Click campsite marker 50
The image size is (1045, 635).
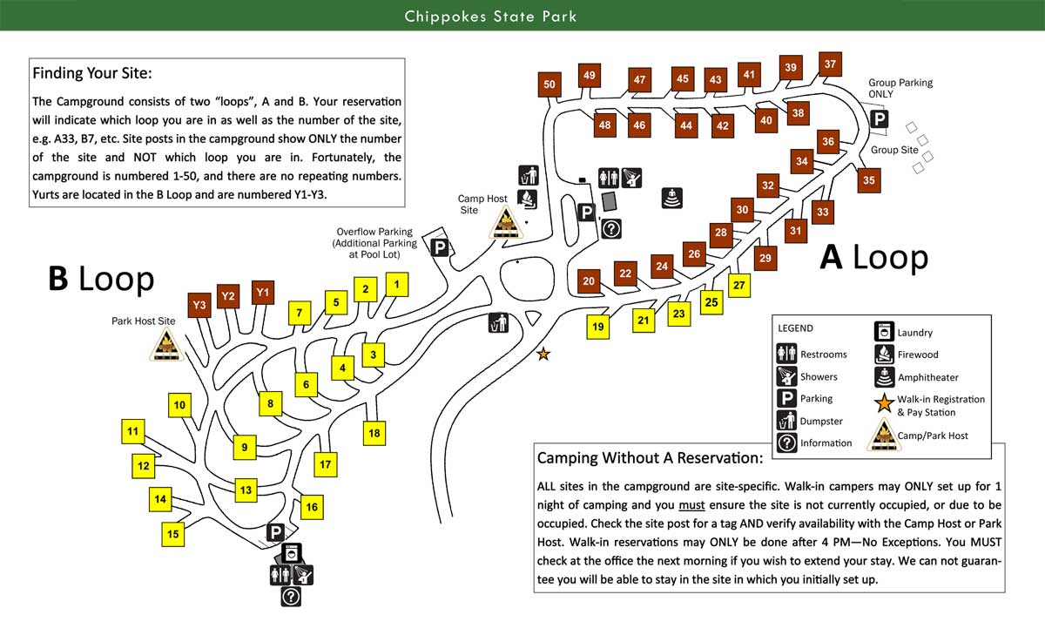tap(549, 84)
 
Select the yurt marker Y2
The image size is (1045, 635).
tap(228, 297)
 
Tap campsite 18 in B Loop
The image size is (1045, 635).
tap(374, 433)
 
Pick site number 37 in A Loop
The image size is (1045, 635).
tap(830, 64)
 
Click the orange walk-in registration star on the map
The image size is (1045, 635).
tap(543, 354)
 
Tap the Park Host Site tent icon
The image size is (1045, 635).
tap(166, 346)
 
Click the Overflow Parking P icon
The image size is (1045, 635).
tap(441, 248)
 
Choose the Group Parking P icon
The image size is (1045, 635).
tap(880, 119)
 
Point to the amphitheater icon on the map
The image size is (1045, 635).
tap(671, 198)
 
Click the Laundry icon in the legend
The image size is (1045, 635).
tap(883, 332)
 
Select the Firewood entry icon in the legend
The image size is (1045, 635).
tap(883, 355)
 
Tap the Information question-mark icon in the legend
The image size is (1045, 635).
tap(786, 442)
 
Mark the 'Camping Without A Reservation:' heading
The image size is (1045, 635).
tap(650, 457)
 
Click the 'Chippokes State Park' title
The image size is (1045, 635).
tap(490, 17)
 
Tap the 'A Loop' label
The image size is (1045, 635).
tap(874, 257)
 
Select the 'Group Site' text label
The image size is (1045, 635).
tap(894, 150)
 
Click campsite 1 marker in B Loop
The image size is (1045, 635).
tap(396, 284)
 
